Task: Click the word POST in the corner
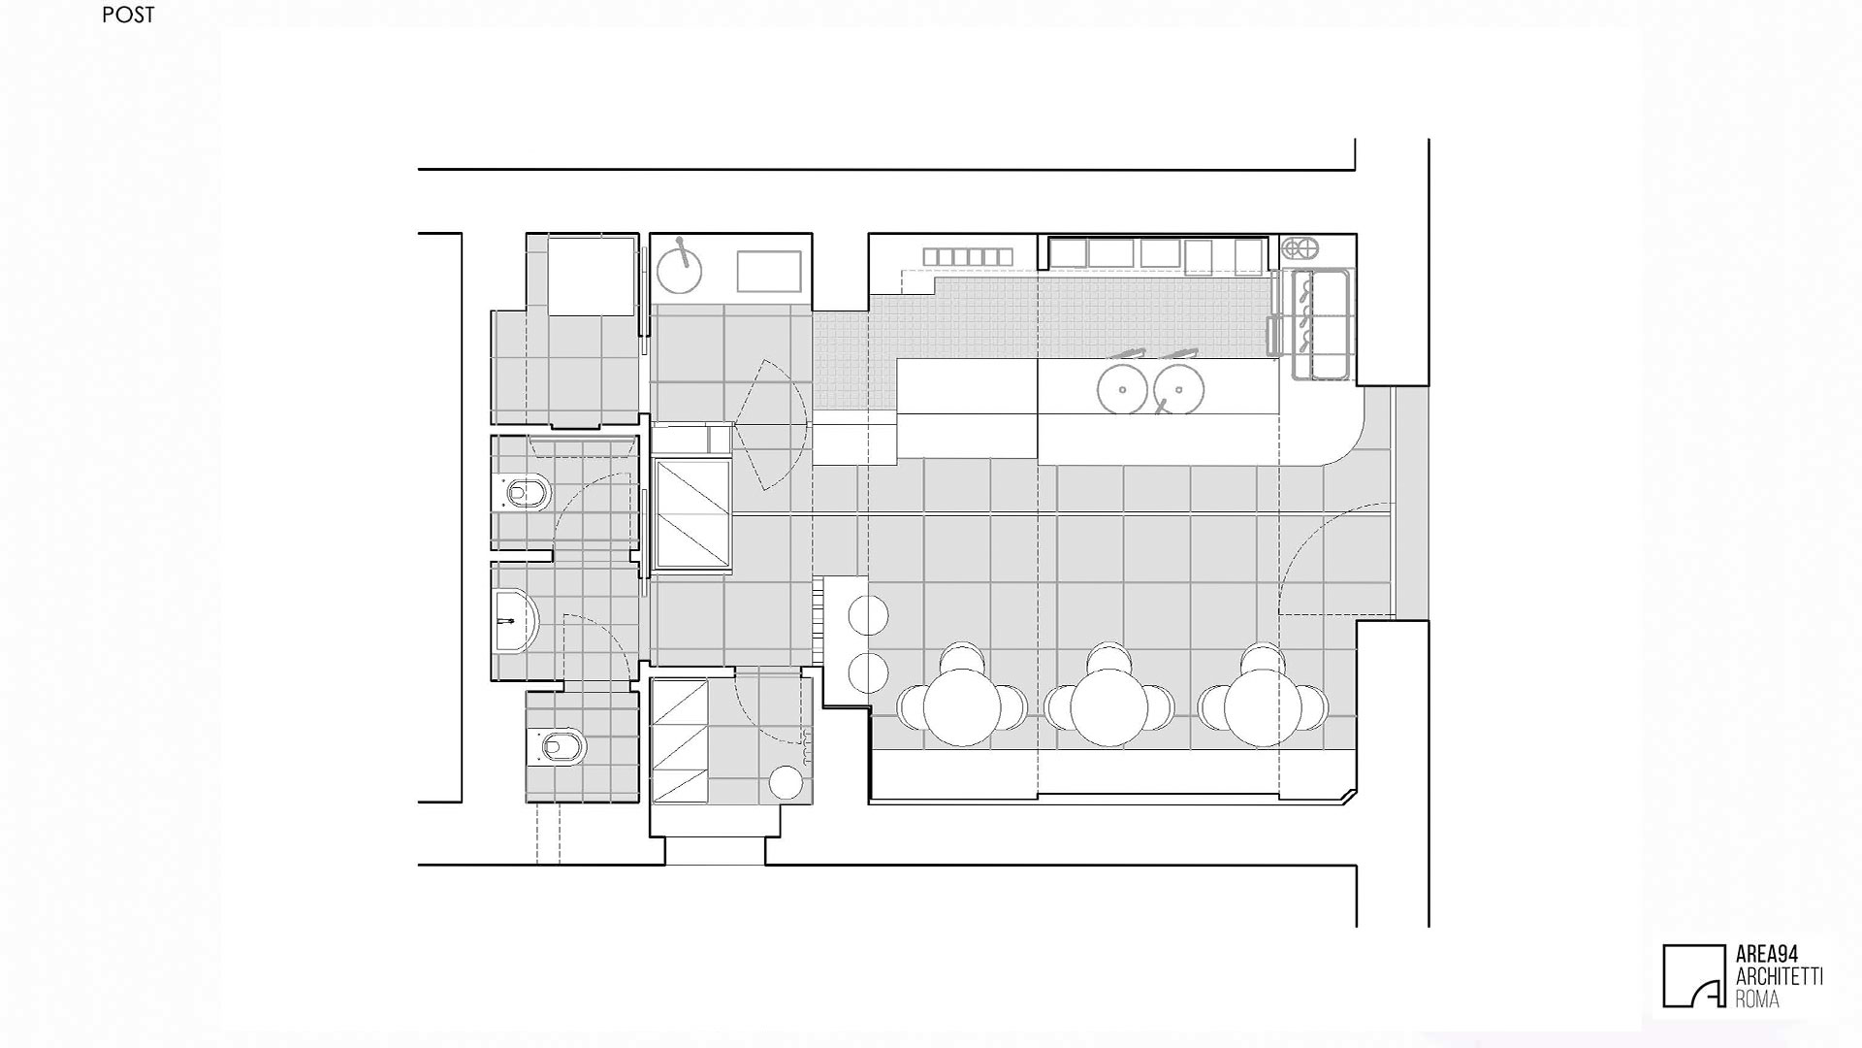[128, 16]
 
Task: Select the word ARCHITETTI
[1779, 976]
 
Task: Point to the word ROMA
[1757, 998]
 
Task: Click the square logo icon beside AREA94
[1694, 976]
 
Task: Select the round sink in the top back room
[679, 269]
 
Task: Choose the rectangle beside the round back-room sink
[769, 271]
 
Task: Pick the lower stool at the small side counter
[868, 672]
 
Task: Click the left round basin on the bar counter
[1123, 388]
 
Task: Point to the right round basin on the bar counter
[1179, 388]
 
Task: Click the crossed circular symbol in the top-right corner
[1300, 248]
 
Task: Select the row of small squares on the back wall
[968, 256]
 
